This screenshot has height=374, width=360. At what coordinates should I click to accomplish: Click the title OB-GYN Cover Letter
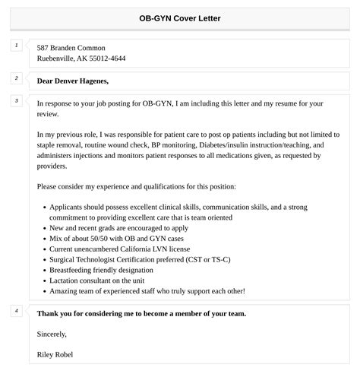click(x=180, y=18)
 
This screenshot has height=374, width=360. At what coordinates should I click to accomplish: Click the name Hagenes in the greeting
click(x=92, y=81)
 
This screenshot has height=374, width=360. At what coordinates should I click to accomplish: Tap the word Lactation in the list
click(x=65, y=280)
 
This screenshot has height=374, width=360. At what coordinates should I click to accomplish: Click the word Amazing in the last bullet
click(x=65, y=291)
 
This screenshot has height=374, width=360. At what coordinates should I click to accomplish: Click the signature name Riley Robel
click(x=55, y=354)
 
